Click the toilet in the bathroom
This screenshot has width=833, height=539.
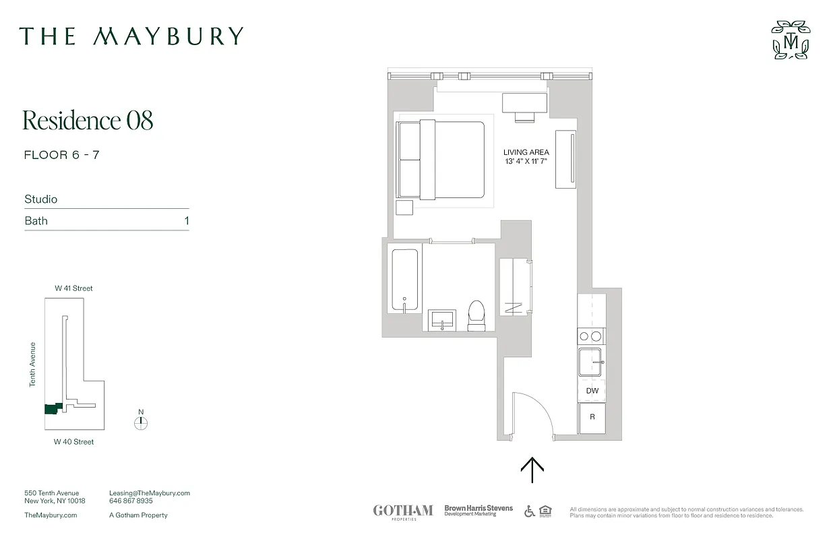[x=476, y=315]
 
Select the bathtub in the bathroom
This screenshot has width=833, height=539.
[x=404, y=280]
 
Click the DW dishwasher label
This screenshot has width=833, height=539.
[x=592, y=391]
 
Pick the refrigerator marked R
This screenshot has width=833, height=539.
[x=592, y=418]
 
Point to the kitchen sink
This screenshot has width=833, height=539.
[x=592, y=362]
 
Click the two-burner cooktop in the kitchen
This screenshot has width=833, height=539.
[x=591, y=336]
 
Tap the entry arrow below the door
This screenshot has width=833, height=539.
[x=532, y=470]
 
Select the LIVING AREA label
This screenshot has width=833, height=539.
[x=526, y=152]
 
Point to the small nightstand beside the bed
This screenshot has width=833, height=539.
[x=404, y=208]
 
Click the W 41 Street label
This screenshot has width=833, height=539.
[x=73, y=288]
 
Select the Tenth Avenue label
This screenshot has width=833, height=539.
[x=32, y=364]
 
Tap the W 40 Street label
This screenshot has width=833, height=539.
[x=73, y=442]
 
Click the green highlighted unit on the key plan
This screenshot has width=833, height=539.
[x=52, y=408]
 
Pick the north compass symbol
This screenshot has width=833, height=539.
[x=141, y=423]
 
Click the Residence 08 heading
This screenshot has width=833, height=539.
[x=88, y=121]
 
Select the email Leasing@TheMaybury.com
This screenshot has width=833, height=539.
[x=150, y=493]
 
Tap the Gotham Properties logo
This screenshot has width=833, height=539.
[x=403, y=511]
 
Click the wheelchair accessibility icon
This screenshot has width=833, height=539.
[x=530, y=511]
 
